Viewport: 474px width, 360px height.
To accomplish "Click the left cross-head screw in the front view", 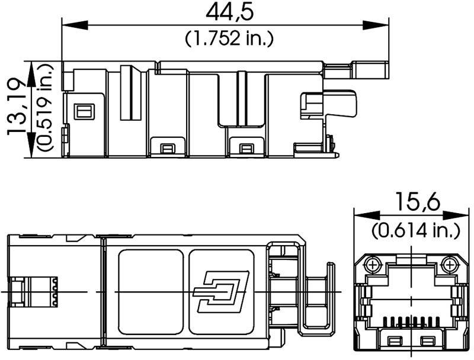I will coord(373,263).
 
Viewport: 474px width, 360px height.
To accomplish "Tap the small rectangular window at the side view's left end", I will coord(82,111).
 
